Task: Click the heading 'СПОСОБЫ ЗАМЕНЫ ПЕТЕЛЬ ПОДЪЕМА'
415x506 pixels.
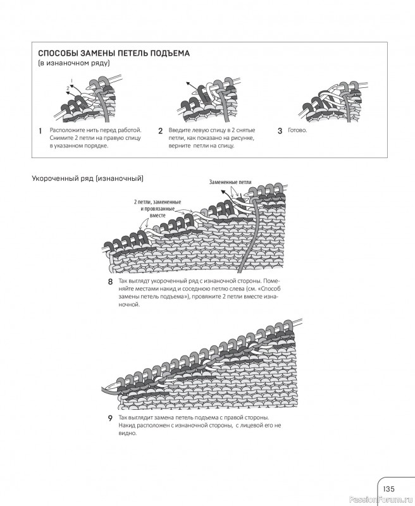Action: click(x=114, y=53)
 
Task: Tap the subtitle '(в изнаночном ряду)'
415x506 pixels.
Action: click(x=74, y=63)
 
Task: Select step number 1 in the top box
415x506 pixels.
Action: click(x=40, y=131)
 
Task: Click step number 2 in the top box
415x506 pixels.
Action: click(x=160, y=131)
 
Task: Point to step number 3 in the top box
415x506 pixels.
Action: click(x=280, y=131)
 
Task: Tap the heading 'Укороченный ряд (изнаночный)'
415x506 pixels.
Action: click(x=88, y=178)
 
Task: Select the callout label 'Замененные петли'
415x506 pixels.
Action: click(x=230, y=182)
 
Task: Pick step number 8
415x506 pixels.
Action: click(x=110, y=282)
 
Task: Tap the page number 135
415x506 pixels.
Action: click(x=388, y=488)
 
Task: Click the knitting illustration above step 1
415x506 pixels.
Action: click(x=89, y=101)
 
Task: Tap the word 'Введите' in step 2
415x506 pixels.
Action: click(x=180, y=130)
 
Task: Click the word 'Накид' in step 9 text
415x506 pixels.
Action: click(x=127, y=426)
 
